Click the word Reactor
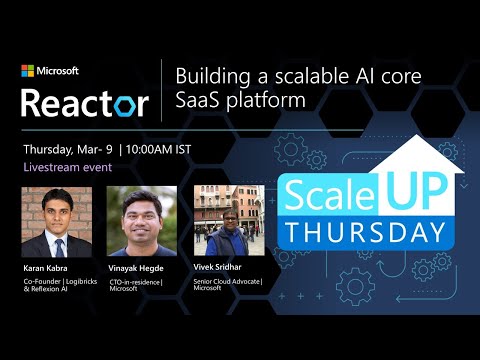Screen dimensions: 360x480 point(84,101)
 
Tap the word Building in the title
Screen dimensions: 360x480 point(208,77)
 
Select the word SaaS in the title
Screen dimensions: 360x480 point(199,101)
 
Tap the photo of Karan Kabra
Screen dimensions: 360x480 point(49,222)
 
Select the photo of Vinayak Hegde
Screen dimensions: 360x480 point(141,222)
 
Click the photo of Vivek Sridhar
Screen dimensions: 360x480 point(227,222)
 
